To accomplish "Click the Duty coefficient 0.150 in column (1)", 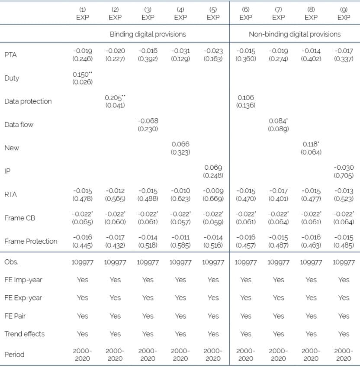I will tap(81, 74).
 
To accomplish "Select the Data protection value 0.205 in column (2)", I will tap(113, 97).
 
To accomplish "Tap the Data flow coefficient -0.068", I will tap(148, 121).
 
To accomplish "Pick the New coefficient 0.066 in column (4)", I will tap(180, 144).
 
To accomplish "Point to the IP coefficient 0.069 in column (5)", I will tap(213, 168).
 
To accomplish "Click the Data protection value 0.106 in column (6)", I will tap(245, 97).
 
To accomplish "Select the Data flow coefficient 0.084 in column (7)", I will tap(277, 121).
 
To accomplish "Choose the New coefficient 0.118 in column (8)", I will tap(310, 144).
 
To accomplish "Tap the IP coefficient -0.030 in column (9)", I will tap(344, 168).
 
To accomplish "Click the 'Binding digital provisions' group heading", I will tap(148, 34).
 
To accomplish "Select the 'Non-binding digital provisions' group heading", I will tap(294, 34).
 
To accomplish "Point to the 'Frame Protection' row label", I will tap(31, 241).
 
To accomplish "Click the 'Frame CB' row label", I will tap(20, 218).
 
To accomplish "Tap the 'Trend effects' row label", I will tap(24, 334).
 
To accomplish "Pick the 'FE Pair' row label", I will tap(15, 316).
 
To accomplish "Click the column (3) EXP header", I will tap(148, 14).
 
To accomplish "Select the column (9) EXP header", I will tap(344, 14).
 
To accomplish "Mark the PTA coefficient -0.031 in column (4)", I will tap(180, 51).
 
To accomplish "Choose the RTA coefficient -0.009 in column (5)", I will tap(213, 191).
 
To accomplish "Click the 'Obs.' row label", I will tap(11, 262).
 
